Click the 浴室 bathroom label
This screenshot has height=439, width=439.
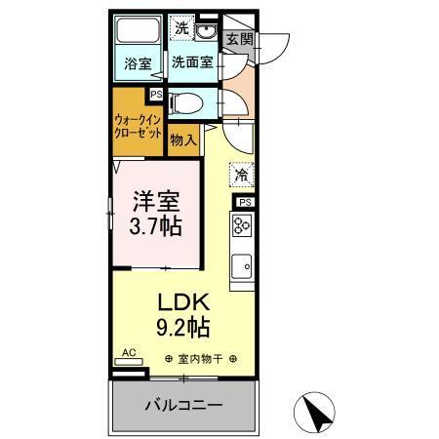point(138,65)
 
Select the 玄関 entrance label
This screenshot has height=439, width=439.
point(238,40)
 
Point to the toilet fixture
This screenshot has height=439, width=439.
point(186,100)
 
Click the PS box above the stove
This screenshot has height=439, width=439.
point(244,202)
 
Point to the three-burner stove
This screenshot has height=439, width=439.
point(242,226)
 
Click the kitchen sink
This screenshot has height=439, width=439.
point(242,262)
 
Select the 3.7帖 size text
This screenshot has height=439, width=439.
point(156,229)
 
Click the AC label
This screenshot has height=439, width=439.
point(128,353)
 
